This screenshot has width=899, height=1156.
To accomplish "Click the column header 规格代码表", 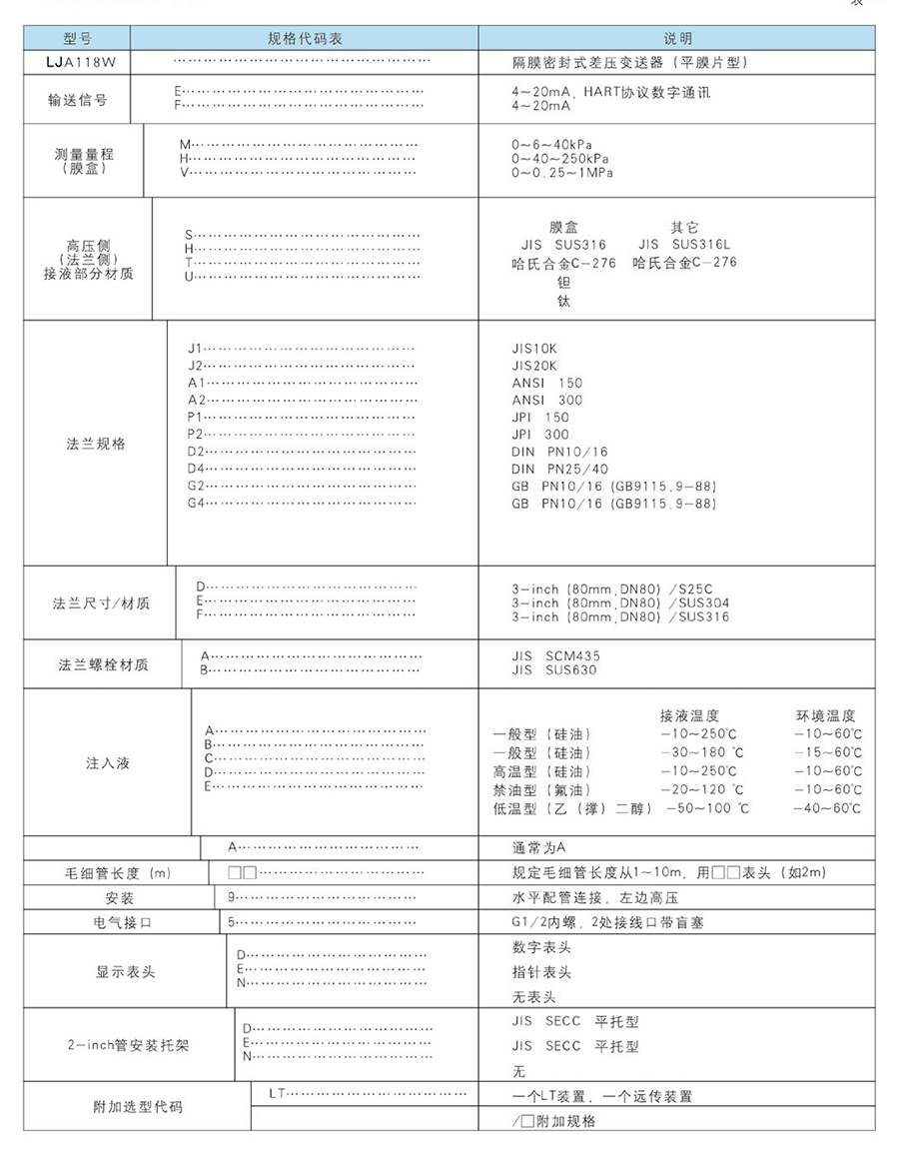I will point(305,39).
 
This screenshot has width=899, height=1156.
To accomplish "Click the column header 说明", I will point(677,39).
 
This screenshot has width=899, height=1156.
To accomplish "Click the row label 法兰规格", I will point(96,444).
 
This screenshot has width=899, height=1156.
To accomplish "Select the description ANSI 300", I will point(547,400).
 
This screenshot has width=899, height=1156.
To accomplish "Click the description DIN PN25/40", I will point(559,469).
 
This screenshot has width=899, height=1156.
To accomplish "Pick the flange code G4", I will point(196,502).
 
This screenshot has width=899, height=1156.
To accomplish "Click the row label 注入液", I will point(108,763).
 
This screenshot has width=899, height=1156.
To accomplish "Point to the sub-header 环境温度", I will point(825,716).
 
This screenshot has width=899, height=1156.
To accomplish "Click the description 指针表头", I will point(541,972).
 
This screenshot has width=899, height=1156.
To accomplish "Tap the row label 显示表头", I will point(125,971).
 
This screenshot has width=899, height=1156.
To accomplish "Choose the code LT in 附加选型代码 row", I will point(278,1093).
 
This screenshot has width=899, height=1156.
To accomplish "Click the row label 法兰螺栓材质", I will point(103,664).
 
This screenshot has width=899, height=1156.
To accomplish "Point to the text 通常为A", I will point(539,847).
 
